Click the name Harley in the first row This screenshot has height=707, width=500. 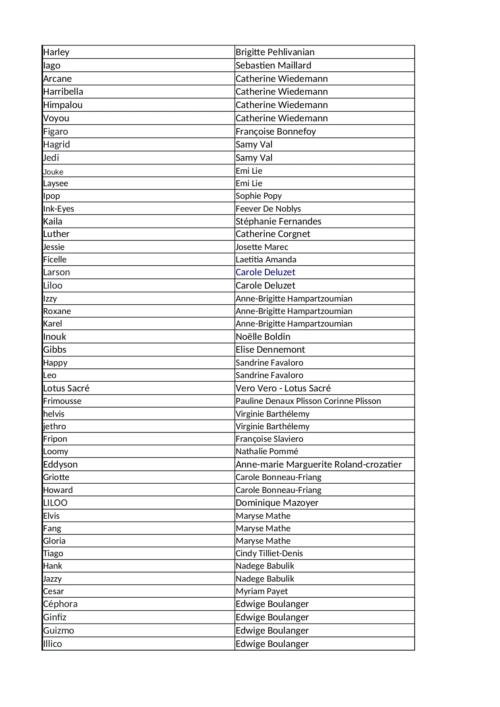56,52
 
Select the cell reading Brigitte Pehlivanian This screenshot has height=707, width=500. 275,52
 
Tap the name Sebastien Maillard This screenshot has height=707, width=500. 273,66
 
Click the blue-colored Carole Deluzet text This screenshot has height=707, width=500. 265,272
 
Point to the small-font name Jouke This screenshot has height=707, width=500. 53,172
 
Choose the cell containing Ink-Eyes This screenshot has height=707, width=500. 58,209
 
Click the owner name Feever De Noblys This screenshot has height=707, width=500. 268,209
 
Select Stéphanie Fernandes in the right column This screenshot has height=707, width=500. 278,222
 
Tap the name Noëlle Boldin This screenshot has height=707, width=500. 263,337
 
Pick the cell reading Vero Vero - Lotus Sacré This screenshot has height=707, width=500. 283,389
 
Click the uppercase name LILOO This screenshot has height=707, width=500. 55,503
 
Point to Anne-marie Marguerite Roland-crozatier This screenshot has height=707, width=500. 318,465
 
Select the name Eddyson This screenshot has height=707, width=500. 60,465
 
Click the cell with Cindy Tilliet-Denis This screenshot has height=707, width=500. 269,553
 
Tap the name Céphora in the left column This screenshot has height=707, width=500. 60,604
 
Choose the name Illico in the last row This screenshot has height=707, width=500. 52,644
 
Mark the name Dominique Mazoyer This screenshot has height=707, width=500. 277,503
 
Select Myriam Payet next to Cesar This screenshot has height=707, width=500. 261,591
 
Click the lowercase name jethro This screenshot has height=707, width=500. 54,426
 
